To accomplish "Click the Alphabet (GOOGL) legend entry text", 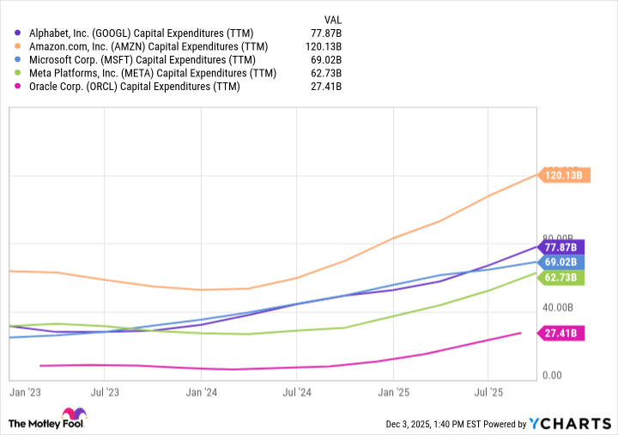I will coord(142,33).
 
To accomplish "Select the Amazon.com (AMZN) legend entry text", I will coord(148,46).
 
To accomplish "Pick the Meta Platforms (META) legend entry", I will coord(151,73).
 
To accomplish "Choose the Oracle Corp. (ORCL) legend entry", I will coord(133,86).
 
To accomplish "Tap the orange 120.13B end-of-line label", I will coord(563,175).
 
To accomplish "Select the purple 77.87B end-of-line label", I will coord(563,246).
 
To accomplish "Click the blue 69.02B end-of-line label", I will coord(563,262).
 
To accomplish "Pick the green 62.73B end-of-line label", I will coord(563,276).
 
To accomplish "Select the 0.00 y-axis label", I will coord(552,376).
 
